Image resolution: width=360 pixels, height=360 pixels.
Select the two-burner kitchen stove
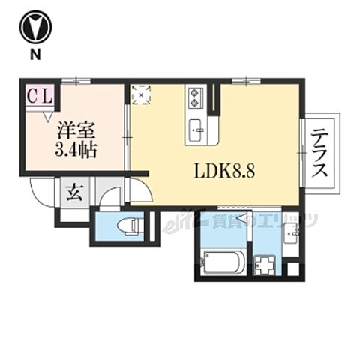click(x=196, y=97)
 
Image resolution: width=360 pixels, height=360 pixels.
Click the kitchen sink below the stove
click(x=196, y=127)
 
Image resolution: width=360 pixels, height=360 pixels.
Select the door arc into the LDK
click(x=139, y=188)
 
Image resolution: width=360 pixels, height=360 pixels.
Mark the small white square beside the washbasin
click(x=293, y=268)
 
